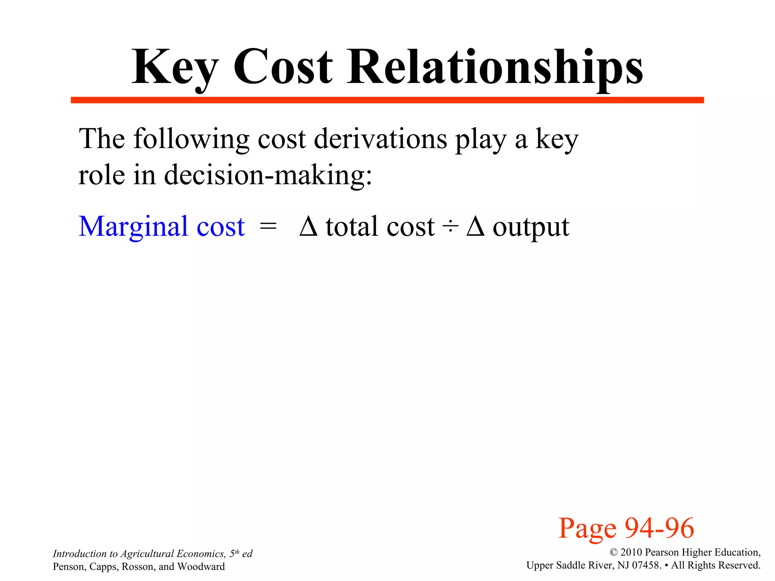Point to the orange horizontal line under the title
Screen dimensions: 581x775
tap(387, 100)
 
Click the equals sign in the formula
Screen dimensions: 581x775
tap(268, 227)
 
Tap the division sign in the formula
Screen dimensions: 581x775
tap(450, 227)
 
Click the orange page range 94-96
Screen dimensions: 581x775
tap(659, 528)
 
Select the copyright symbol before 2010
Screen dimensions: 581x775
tap(613, 553)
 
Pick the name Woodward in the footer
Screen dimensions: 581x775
tap(201, 567)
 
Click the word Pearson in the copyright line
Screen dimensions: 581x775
tap(662, 553)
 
